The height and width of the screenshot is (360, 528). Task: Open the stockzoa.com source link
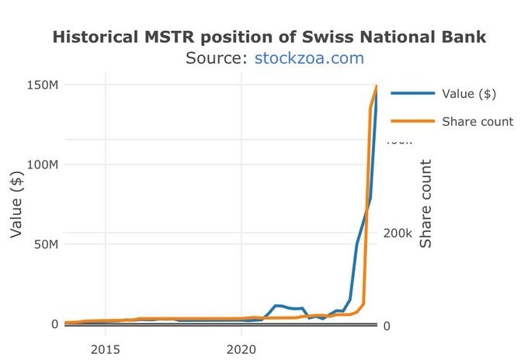[x=309, y=58]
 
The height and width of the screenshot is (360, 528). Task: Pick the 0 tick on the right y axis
[x=387, y=325]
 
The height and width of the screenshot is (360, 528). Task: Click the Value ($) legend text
[x=468, y=94]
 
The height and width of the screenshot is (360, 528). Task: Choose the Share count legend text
[x=477, y=121]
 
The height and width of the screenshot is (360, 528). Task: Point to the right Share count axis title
[x=426, y=204]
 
